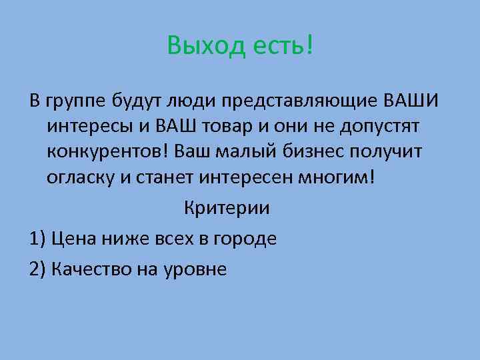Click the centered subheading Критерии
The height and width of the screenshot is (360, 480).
[227, 207]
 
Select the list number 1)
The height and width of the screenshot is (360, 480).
[37, 239]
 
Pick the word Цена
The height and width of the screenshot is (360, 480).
[74, 239]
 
